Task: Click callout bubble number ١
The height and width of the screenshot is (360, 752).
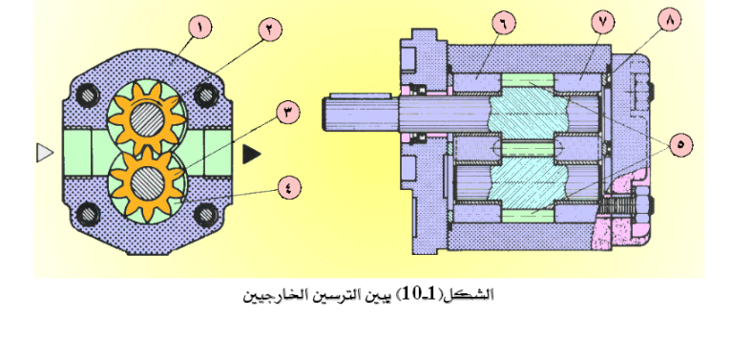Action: coord(199,27)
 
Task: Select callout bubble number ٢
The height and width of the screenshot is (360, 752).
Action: coord(270,30)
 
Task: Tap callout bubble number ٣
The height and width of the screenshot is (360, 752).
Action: coord(288,113)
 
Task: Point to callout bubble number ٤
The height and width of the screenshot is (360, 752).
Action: coord(289,188)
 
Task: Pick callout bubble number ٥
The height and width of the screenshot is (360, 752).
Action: coord(681,144)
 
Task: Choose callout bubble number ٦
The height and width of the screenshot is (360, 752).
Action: coord(504,23)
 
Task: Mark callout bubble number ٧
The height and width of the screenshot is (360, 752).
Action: coord(603,23)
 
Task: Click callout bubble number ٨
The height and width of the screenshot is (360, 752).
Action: coord(669,20)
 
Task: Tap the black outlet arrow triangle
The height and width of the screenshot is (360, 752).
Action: coord(251,154)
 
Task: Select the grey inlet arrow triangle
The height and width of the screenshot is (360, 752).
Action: coord(44,153)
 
